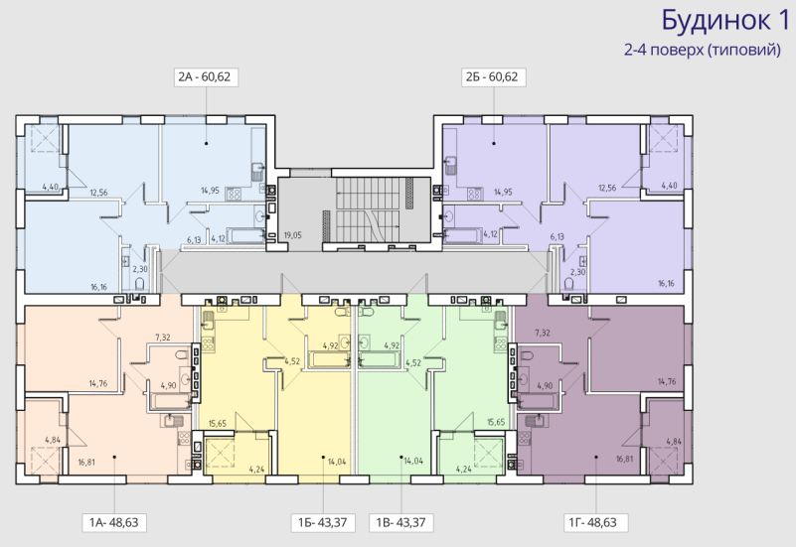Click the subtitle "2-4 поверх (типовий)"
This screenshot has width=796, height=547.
tap(703, 50)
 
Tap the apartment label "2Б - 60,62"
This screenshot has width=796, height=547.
tap(492, 76)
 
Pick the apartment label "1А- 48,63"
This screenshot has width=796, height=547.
tap(114, 522)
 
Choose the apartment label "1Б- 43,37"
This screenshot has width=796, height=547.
tap(322, 522)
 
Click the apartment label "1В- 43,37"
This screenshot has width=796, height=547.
tap(401, 522)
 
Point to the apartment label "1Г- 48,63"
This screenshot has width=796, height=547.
tap(592, 522)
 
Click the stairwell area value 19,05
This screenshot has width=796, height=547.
tap(293, 235)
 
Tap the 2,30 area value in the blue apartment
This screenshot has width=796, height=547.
tap(140, 269)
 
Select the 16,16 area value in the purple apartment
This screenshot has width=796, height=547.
tap(666, 283)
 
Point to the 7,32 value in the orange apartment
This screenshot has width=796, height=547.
tap(162, 338)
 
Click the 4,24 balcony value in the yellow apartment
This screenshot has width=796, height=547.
tap(256, 470)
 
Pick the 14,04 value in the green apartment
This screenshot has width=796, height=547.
tap(413, 461)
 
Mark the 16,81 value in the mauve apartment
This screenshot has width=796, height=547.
tap(625, 459)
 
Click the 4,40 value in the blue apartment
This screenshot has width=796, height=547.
tap(51, 187)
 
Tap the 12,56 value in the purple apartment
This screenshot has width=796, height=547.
tap(607, 188)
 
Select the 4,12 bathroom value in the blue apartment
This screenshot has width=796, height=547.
tap(219, 237)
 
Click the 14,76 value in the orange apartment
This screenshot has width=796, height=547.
tap(98, 383)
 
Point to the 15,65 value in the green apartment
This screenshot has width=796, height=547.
tap(496, 422)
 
